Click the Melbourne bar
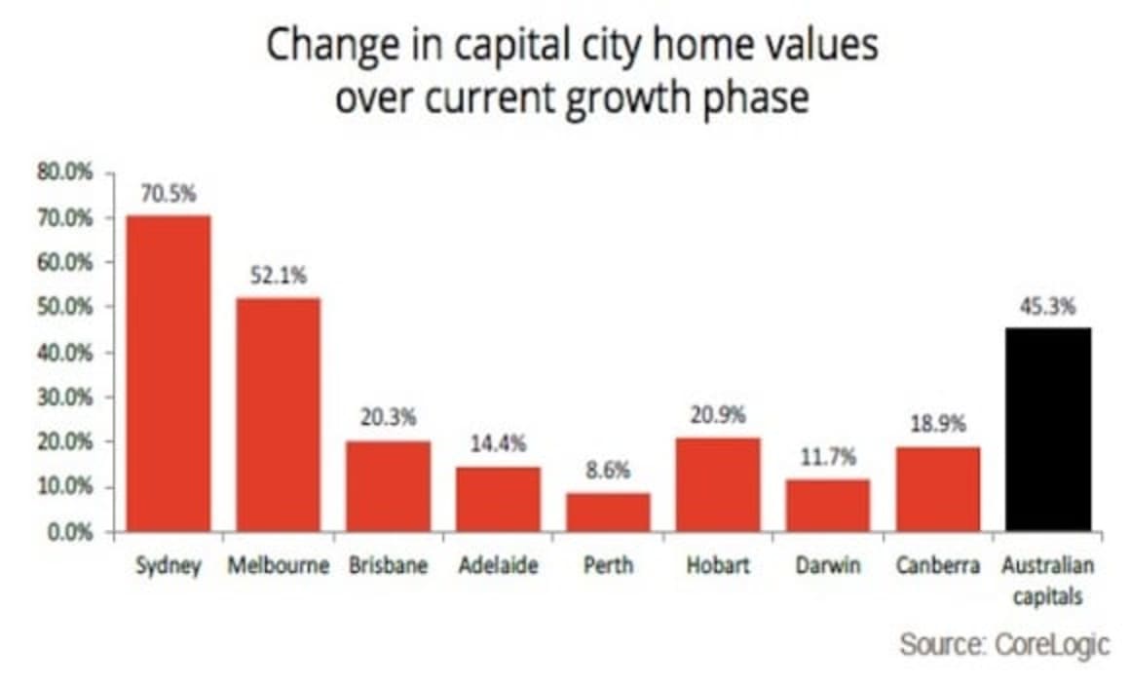click(279, 414)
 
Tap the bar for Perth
click(608, 513)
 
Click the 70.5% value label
click(169, 194)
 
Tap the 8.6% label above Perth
click(608, 471)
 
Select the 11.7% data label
click(828, 457)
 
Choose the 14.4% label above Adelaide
click(498, 444)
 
